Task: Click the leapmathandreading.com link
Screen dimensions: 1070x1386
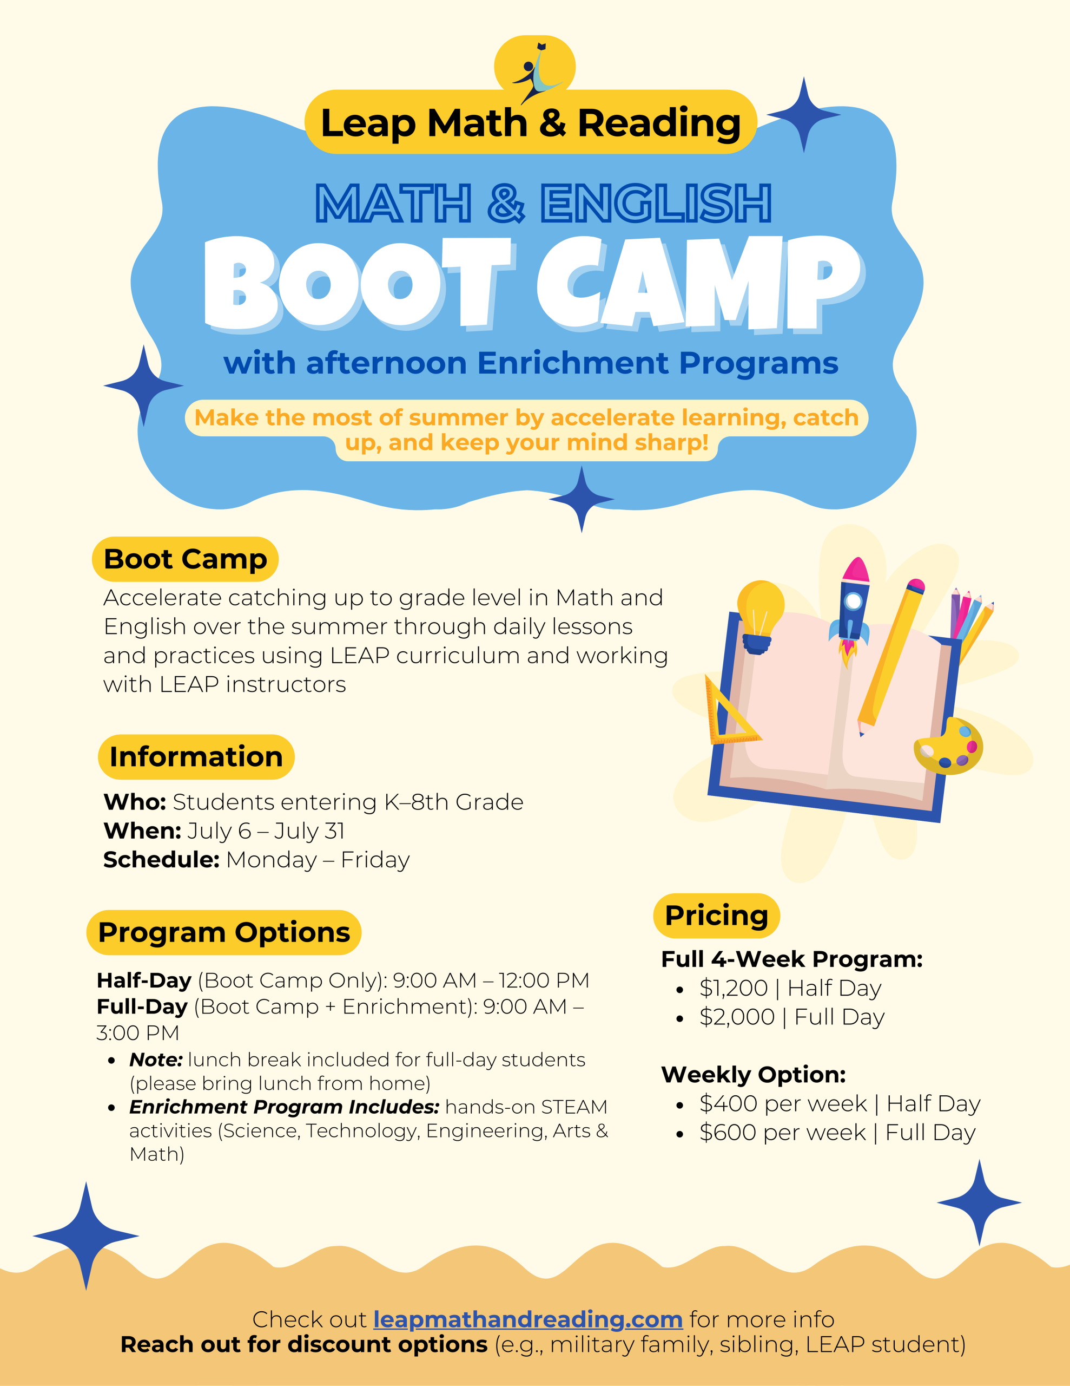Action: [x=528, y=1319]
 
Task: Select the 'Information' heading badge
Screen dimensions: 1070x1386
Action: [x=196, y=756]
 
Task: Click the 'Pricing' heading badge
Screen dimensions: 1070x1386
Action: [x=717, y=916]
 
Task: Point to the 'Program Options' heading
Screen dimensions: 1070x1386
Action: [x=224, y=932]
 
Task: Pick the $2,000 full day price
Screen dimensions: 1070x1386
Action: [x=737, y=1017]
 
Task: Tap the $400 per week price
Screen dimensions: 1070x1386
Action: [x=783, y=1103]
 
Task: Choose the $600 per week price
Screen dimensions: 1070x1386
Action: [x=783, y=1132]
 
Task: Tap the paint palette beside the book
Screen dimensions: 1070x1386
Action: [x=948, y=746]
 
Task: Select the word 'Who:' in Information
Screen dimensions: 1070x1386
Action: [x=135, y=802]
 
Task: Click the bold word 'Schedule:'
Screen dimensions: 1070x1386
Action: [x=162, y=860]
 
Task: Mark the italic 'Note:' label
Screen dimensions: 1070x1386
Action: [x=156, y=1060]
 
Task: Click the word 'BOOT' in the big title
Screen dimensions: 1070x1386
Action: [x=358, y=284]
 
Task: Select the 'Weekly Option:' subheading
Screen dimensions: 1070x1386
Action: [x=754, y=1074]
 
